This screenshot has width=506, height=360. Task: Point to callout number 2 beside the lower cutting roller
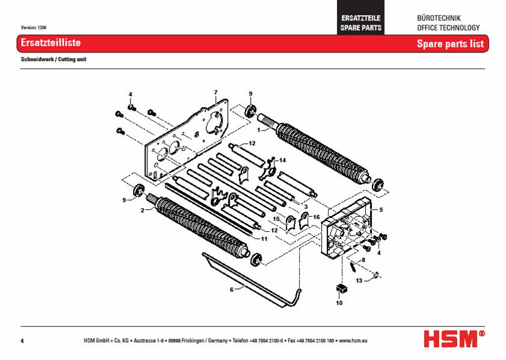[142, 211]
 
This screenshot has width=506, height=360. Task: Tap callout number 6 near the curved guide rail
[231, 290]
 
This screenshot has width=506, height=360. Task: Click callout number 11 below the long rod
[263, 239]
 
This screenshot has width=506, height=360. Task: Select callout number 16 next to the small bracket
[317, 216]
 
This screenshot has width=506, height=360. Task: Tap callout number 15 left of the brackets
[276, 219]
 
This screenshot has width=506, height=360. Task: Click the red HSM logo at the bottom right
[454, 338]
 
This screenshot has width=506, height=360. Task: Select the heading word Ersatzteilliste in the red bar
[51, 43]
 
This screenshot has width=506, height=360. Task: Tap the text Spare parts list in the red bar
[450, 44]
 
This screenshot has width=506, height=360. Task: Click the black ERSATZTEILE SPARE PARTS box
[360, 23]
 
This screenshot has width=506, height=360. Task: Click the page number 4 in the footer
[22, 341]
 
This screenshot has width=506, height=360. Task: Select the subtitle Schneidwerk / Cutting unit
[54, 60]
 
